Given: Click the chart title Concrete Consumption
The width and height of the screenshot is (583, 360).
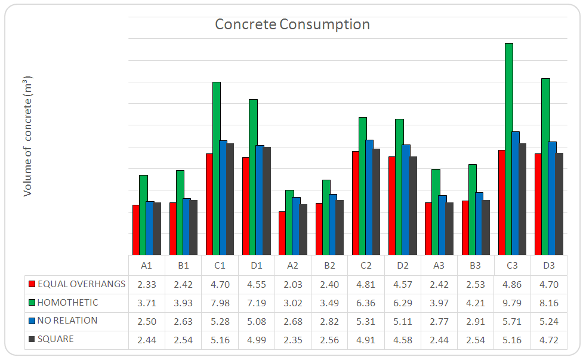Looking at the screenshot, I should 292,24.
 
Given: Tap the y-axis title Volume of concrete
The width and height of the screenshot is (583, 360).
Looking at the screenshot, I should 27,136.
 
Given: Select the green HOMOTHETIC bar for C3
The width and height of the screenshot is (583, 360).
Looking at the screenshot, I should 509,149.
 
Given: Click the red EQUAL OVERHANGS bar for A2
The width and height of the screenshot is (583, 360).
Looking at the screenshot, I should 282,233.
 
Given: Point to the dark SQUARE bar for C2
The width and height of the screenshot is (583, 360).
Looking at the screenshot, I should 377,202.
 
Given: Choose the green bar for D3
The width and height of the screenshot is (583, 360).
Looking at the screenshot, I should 545,167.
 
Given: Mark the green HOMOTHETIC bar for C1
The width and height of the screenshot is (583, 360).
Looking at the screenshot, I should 217,168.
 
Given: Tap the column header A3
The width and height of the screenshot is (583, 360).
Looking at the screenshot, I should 439,265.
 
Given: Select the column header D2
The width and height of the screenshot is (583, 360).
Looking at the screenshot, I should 402,265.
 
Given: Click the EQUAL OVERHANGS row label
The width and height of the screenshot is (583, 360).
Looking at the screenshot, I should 81,284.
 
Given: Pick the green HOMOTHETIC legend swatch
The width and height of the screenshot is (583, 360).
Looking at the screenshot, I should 32,303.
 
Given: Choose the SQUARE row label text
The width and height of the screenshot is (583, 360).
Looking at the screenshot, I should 55,339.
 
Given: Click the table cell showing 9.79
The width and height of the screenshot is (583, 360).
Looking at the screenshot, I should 512,303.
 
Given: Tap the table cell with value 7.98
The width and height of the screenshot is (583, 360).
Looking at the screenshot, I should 220,303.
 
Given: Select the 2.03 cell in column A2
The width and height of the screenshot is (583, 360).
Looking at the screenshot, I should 292,284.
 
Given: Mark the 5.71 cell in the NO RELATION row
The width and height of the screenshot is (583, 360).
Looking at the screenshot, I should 512,321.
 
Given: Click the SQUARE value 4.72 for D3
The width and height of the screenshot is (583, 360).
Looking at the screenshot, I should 548,340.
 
